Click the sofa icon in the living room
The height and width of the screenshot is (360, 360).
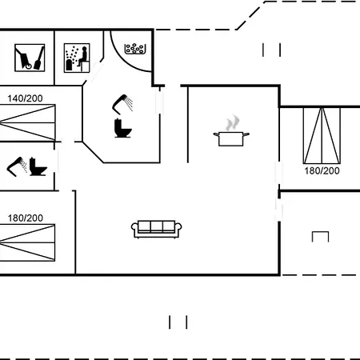pyautogui.click(x=157, y=229)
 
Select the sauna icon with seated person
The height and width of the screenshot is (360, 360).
pyautogui.click(x=77, y=58)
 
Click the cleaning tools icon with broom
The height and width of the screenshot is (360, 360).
pyautogui.click(x=30, y=58)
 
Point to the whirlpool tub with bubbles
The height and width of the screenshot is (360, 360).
pyautogui.click(x=135, y=49)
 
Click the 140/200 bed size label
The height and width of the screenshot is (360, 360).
pyautogui.click(x=25, y=98)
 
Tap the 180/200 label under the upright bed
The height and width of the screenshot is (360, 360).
pyautogui.click(x=322, y=170)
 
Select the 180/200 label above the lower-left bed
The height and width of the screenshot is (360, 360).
pyautogui.click(x=26, y=218)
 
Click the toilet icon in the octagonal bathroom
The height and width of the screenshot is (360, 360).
pyautogui.click(x=122, y=128)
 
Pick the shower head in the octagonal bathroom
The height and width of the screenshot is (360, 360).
pyautogui.click(x=122, y=104)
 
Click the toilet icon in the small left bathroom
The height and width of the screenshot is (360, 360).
pyautogui.click(x=38, y=166)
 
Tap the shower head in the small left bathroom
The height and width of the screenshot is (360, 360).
pyautogui.click(x=17, y=166)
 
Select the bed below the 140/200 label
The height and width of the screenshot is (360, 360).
pyautogui.click(x=27, y=122)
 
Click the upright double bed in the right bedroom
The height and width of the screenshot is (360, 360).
pyautogui.click(x=322, y=135)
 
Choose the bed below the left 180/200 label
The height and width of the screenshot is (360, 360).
pyautogui.click(x=27, y=242)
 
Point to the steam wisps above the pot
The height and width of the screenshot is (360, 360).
pyautogui.click(x=232, y=123)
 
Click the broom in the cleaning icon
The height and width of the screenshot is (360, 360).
pyautogui.click(x=39, y=58)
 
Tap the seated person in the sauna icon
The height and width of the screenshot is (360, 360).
pyautogui.click(x=83, y=57)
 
